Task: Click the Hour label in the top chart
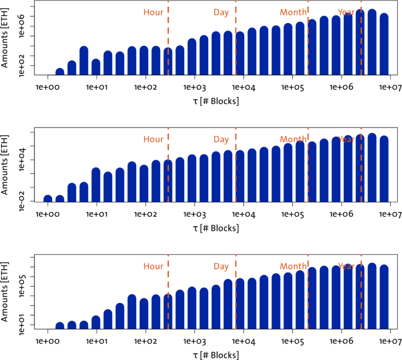[x=153, y=12]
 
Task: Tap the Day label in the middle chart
[x=221, y=140]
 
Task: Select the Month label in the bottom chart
[x=293, y=266]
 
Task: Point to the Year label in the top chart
[x=346, y=12]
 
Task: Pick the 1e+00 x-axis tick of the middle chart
[x=48, y=214]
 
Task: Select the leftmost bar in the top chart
[x=60, y=72]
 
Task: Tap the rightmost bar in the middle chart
[x=384, y=169]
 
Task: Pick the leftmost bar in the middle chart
[x=48, y=198]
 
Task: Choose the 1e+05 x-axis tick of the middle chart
[x=293, y=214]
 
